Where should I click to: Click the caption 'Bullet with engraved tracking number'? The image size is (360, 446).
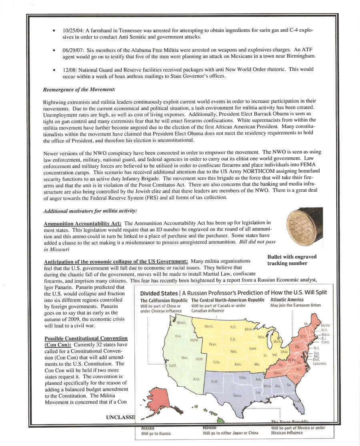(292, 260)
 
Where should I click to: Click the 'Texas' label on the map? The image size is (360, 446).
(237, 396)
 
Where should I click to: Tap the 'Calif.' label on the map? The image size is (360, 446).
(172, 366)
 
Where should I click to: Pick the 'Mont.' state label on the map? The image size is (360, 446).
(209, 326)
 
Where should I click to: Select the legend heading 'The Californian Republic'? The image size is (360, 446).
(164, 300)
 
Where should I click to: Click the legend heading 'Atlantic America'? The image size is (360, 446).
(287, 300)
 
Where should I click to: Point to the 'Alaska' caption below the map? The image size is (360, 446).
(148, 428)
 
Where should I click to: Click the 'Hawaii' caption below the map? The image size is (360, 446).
(210, 428)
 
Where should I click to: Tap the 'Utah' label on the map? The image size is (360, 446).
(199, 359)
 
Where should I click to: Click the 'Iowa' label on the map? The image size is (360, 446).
(252, 348)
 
